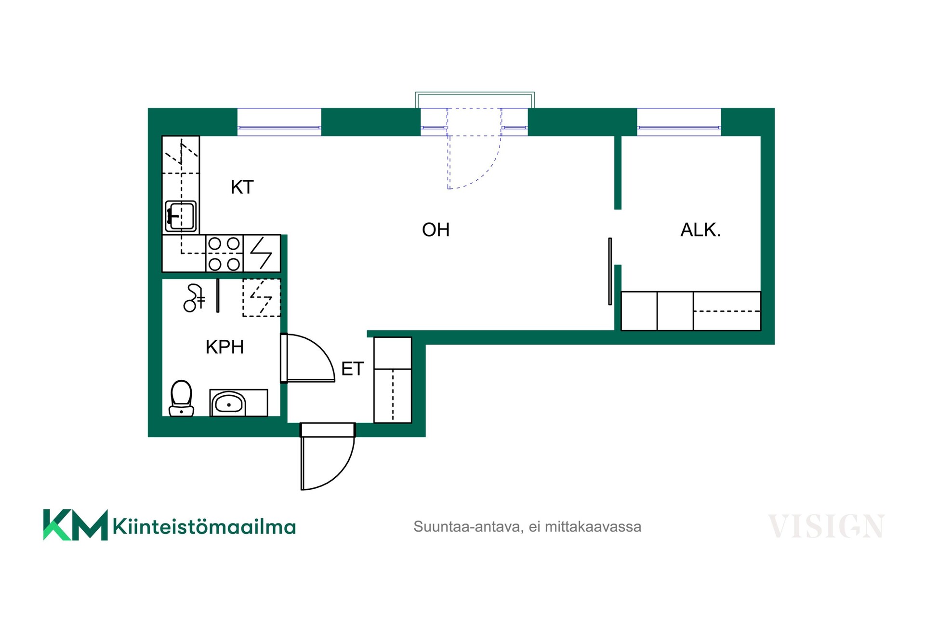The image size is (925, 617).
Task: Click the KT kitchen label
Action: tap(242, 187)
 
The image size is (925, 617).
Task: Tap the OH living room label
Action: tap(436, 230)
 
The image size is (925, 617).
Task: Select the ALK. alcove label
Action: tap(700, 230)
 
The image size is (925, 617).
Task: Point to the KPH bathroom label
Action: tap(225, 347)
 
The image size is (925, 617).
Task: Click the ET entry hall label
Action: tap(352, 369)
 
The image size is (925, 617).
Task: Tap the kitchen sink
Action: tap(181, 216)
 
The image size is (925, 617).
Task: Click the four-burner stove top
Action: tap(224, 254)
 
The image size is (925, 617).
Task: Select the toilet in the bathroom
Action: tap(181, 399)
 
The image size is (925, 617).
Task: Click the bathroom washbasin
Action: tap(229, 403)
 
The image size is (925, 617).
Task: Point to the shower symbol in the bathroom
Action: tap(194, 298)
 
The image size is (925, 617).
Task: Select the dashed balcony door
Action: tap(474, 148)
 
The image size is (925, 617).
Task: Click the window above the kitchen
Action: tap(279, 122)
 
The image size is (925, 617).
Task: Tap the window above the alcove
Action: tap(679, 122)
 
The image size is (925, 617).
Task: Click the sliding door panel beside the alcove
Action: tap(610, 271)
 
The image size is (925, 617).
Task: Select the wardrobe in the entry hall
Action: tap(393, 380)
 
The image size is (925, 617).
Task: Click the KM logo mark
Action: tap(75, 525)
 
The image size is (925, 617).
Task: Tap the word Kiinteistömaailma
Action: tap(204, 526)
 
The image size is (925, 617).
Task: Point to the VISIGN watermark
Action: tap(826, 526)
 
